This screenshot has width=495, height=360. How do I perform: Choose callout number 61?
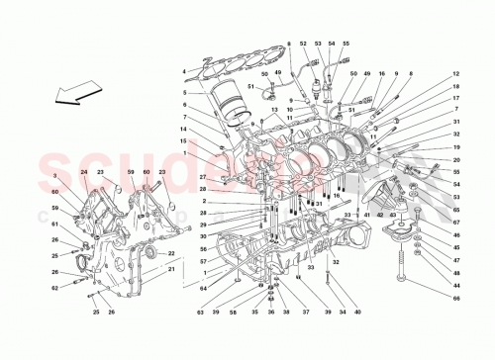coord(54,224)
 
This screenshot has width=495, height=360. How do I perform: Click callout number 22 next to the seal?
coord(171,256)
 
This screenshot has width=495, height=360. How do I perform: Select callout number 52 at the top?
coord(319,45)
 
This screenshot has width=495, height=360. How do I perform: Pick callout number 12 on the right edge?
coord(456,74)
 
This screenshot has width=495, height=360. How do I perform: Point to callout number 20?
coord(456,159)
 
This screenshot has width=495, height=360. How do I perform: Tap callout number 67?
coord(456,222)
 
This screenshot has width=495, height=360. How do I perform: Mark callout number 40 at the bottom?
coord(356,312)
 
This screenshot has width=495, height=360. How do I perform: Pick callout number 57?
coord(203,261)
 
